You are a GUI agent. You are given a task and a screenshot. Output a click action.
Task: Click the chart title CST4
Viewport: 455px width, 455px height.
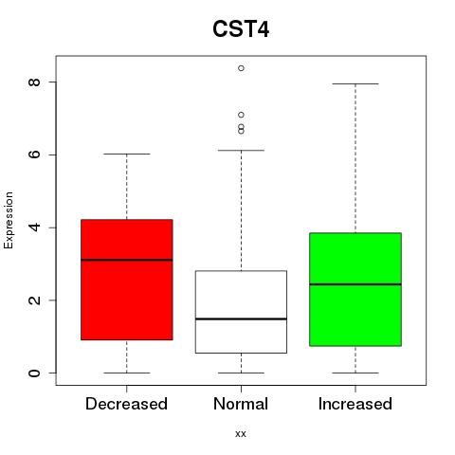pos(241,29)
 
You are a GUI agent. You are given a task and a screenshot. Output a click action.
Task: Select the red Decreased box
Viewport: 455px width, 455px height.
pos(127,280)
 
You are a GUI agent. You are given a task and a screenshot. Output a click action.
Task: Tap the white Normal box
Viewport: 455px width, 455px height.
pos(241,312)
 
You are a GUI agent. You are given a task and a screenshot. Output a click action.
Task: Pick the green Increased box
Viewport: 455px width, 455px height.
pos(355,289)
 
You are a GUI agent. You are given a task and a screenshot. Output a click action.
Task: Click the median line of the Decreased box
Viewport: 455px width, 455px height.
pos(127,260)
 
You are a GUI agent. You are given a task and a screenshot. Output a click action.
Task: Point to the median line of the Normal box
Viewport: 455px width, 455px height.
pos(241,318)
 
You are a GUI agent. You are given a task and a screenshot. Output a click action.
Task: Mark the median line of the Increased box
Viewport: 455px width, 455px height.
pos(355,284)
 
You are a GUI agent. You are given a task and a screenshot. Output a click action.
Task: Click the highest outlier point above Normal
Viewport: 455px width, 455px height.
pos(241,68)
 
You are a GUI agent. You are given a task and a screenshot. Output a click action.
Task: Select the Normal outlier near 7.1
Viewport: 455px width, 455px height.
pos(241,115)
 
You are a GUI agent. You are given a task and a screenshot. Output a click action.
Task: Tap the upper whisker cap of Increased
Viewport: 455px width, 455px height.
pos(355,83)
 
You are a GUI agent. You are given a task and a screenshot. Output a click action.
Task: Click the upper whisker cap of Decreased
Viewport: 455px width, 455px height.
pos(127,154)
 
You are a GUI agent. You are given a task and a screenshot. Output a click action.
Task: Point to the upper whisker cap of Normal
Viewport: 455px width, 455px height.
pos(241,151)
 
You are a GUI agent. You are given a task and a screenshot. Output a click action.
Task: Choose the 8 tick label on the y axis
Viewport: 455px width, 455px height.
pos(34,82)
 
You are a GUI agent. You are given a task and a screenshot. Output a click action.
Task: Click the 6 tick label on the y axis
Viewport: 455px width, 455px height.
pos(34,155)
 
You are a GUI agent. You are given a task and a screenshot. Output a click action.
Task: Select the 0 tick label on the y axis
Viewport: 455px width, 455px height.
pos(34,373)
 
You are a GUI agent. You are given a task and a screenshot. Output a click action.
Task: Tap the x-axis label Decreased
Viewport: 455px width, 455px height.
pos(126,404)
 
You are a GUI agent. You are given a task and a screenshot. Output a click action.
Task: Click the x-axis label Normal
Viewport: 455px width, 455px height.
pos(241,404)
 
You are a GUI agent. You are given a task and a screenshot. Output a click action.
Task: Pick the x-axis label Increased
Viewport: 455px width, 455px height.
pos(355,404)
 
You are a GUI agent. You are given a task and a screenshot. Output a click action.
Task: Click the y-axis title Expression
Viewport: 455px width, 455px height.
pos(9,220)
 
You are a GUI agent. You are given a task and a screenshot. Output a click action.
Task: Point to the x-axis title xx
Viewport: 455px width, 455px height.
pos(241,434)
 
